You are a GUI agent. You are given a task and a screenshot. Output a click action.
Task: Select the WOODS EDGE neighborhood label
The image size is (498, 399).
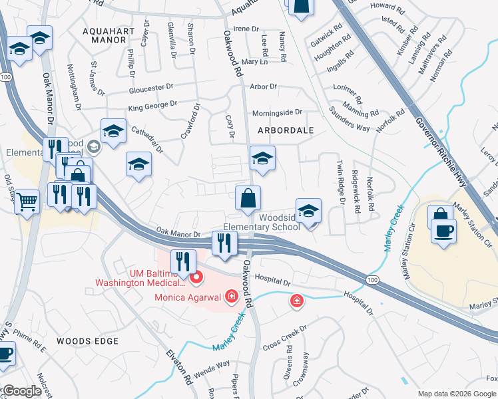[87, 341]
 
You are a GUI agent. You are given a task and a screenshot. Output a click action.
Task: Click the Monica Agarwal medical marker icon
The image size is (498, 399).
[232, 295]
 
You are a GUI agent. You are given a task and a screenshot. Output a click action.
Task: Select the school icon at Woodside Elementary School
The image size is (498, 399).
[308, 211]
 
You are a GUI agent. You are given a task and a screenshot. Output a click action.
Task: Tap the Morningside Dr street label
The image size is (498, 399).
[276, 112]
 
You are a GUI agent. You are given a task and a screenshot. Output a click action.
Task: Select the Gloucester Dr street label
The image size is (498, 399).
[150, 90]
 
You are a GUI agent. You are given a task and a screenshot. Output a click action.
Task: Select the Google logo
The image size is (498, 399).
[22, 391]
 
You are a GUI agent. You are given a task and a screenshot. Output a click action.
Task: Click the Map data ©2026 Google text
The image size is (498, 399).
[456, 394]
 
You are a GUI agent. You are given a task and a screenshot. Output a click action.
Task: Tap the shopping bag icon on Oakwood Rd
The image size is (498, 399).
[248, 198]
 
